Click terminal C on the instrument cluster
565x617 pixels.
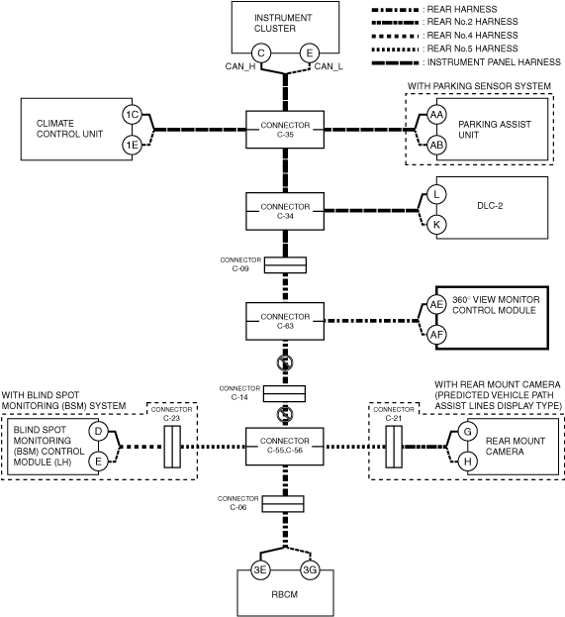tap(261, 53)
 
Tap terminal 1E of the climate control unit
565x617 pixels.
tap(133, 146)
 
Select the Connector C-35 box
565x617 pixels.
tap(285, 130)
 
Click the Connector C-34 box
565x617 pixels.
tap(285, 211)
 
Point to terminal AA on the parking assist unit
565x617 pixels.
tap(436, 115)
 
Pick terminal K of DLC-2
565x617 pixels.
tap(436, 225)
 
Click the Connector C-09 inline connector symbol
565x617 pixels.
tap(285, 265)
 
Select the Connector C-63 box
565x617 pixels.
tap(285, 321)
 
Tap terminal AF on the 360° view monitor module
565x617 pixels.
tap(436, 335)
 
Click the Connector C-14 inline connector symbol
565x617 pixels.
tap(284, 393)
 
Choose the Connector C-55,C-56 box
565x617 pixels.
tap(285, 447)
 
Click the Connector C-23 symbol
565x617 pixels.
tap(172, 447)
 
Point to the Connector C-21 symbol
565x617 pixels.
tap(394, 447)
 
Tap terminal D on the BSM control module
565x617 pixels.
tap(98, 431)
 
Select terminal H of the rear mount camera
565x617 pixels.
tap(467, 462)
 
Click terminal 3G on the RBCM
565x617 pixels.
tap(310, 569)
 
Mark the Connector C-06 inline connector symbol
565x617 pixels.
tap(283, 504)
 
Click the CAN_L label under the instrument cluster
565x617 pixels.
tap(329, 66)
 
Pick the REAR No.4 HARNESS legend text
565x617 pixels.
tap(473, 35)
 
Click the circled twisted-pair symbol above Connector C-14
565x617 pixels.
tap(285, 362)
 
